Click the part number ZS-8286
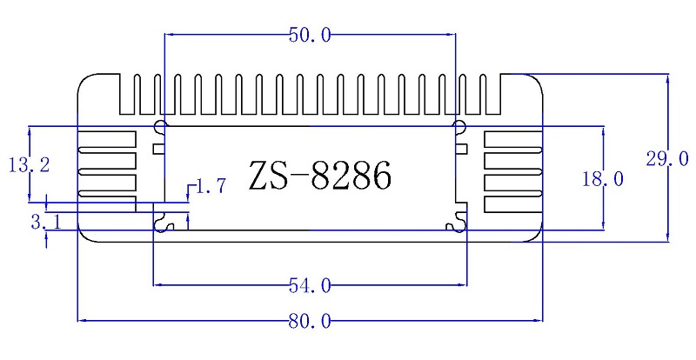[x=319, y=176]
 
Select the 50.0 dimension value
[x=309, y=36]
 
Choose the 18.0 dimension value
[x=603, y=179]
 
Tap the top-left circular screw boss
[x=159, y=129]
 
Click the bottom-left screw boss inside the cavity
[x=163, y=224]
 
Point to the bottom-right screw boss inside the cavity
[x=456, y=224]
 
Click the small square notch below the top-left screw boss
[x=158, y=148]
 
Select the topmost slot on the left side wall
[x=107, y=138]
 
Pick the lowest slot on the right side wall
[x=512, y=204]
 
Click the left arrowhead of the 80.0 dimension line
[x=81, y=322]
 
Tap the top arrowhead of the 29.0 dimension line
[x=667, y=77]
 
